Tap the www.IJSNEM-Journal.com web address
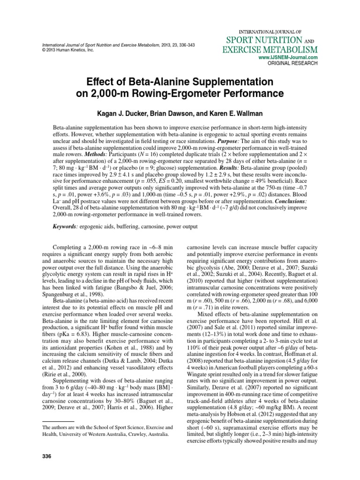click(x=288, y=57)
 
